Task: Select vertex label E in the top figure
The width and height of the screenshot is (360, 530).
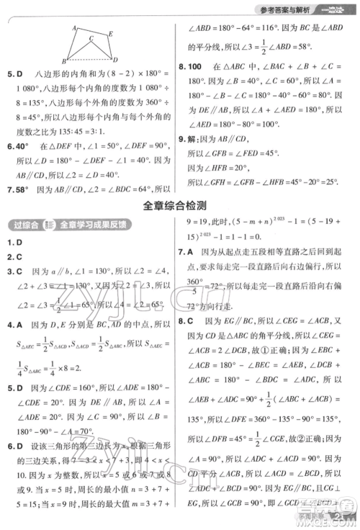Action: click(112, 31)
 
